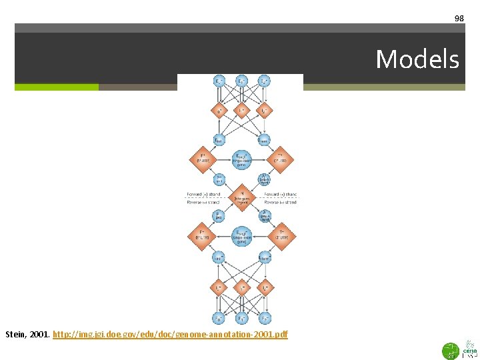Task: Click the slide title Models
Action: (417, 59)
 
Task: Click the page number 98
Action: (459, 19)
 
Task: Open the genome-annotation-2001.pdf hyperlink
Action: (170, 333)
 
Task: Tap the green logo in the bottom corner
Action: (451, 350)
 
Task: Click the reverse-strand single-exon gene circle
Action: (241, 236)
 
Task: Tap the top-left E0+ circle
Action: (219, 81)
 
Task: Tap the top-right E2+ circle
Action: (265, 81)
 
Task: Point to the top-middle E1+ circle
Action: (241, 81)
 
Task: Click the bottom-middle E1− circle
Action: (241, 318)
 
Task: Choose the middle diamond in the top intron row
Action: (241, 109)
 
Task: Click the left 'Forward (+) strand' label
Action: (204, 194)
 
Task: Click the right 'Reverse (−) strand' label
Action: (280, 202)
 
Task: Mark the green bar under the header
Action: (57, 87)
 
